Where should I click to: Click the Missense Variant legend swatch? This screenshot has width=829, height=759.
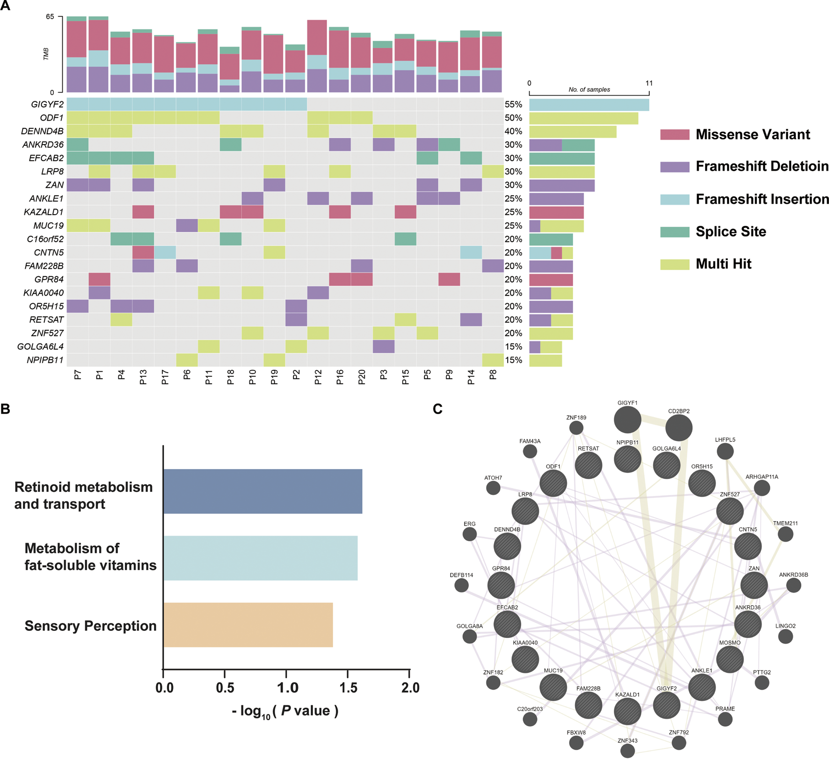click(675, 135)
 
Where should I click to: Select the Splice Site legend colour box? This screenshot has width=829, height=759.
click(675, 232)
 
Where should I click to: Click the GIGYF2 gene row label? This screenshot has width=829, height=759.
click(47, 105)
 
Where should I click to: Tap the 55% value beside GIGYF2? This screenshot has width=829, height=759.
click(513, 105)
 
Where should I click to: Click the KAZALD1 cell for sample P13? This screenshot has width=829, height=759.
click(143, 212)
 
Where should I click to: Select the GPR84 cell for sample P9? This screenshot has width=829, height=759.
click(449, 279)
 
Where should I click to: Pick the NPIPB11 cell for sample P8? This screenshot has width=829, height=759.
click(493, 360)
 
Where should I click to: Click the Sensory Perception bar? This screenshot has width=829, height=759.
click(248, 625)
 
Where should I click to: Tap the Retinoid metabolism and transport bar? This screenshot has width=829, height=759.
click(262, 491)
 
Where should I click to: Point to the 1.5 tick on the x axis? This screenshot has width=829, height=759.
click(348, 687)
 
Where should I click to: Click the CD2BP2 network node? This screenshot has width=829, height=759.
click(679, 428)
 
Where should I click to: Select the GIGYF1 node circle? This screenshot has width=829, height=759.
click(627, 420)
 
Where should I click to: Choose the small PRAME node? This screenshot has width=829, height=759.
click(725, 719)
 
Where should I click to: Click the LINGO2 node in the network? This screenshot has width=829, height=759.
click(785, 636)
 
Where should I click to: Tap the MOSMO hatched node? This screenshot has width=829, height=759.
click(730, 659)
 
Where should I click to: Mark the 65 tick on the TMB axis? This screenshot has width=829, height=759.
click(50, 17)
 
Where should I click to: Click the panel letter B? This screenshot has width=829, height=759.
click(6, 409)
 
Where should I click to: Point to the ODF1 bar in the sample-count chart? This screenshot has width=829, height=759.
click(583, 118)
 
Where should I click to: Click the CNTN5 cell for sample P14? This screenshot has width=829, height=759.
click(471, 253)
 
